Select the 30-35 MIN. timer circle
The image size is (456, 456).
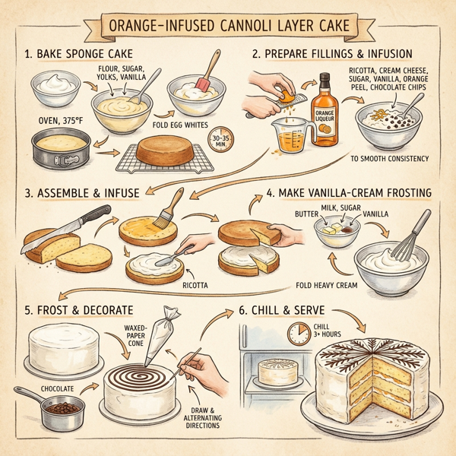pyautogui.click(x=223, y=141)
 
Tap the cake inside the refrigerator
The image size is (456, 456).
pyautogui.click(x=279, y=372)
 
